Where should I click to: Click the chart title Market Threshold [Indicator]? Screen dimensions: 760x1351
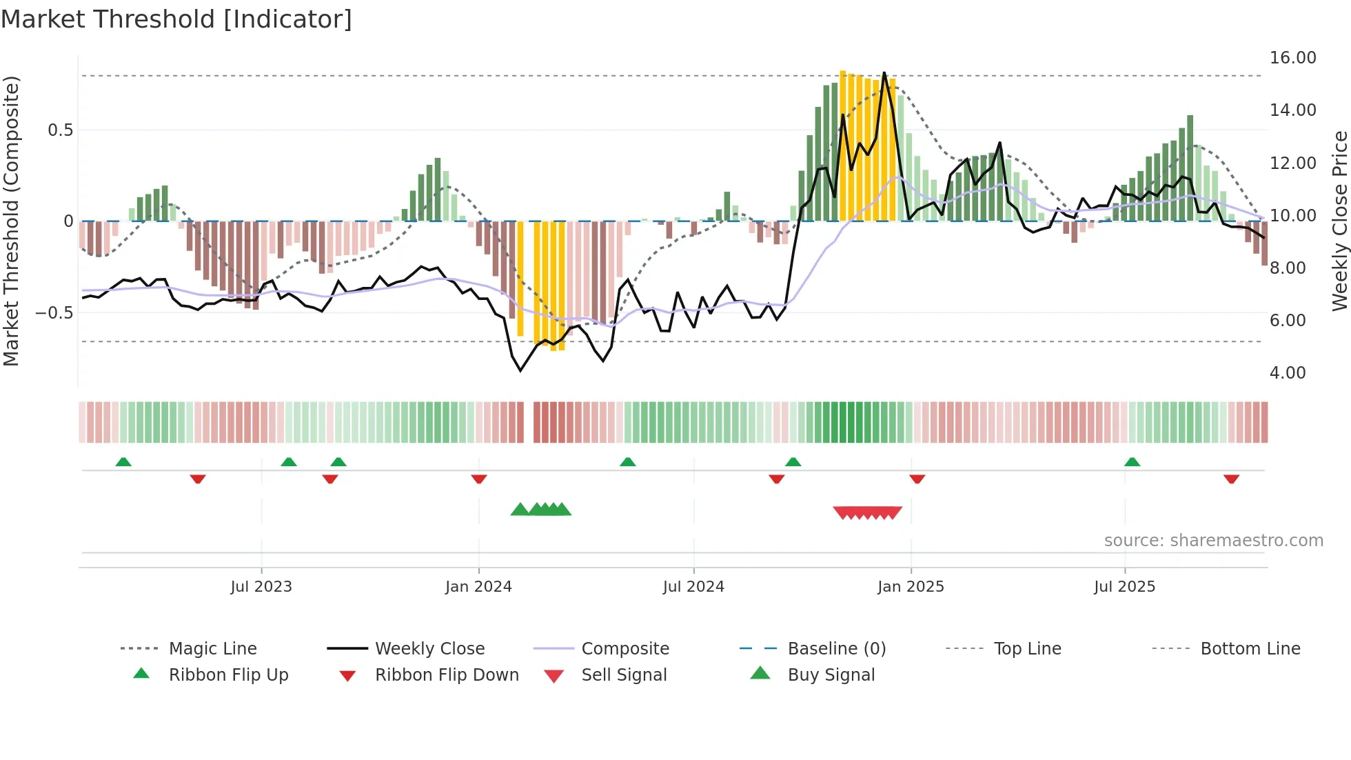tap(176, 19)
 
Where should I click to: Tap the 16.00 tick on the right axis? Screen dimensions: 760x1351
tap(1292, 58)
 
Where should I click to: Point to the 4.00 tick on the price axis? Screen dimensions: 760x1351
tap(1287, 373)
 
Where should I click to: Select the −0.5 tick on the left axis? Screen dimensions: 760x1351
tap(54, 313)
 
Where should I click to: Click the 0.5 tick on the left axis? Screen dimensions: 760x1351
tap(60, 130)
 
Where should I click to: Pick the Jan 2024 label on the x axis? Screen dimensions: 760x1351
tap(478, 587)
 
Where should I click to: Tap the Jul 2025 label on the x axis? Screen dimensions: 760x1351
tap(1124, 587)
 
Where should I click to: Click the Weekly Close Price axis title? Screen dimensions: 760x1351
tap(1339, 221)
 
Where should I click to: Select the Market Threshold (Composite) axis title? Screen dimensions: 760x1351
tap(11, 221)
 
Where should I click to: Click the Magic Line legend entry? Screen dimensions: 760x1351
tap(212, 649)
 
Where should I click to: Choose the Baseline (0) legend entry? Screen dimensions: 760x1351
tap(836, 649)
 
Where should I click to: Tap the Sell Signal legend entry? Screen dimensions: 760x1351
tap(624, 675)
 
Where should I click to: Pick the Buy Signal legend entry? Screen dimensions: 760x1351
tap(831, 675)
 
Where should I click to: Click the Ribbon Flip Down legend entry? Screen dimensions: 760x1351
tap(447, 675)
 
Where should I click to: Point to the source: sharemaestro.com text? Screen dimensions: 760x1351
tap(1213, 541)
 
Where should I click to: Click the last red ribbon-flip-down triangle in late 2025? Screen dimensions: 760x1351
tap(1231, 479)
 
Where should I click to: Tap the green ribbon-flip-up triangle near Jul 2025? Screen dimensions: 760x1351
tap(1132, 462)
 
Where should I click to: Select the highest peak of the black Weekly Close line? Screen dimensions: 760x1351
tap(884, 72)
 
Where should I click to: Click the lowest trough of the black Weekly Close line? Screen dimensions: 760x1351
tap(520, 371)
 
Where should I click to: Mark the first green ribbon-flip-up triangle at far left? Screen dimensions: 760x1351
tap(123, 462)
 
